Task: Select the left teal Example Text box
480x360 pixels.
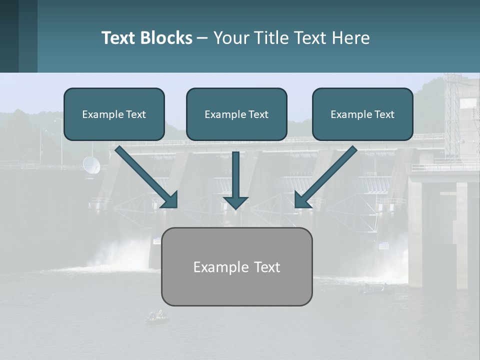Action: tap(114, 114)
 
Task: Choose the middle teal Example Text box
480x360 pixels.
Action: tap(236, 114)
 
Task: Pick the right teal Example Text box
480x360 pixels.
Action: tap(362, 114)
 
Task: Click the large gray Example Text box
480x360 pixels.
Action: tap(236, 266)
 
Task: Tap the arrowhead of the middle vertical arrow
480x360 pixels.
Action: tap(235, 202)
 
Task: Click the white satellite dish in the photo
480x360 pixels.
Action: tap(91, 165)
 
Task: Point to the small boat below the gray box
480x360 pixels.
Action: tap(157, 315)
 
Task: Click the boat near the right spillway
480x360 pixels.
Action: tap(372, 287)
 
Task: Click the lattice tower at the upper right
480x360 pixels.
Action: tap(451, 115)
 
